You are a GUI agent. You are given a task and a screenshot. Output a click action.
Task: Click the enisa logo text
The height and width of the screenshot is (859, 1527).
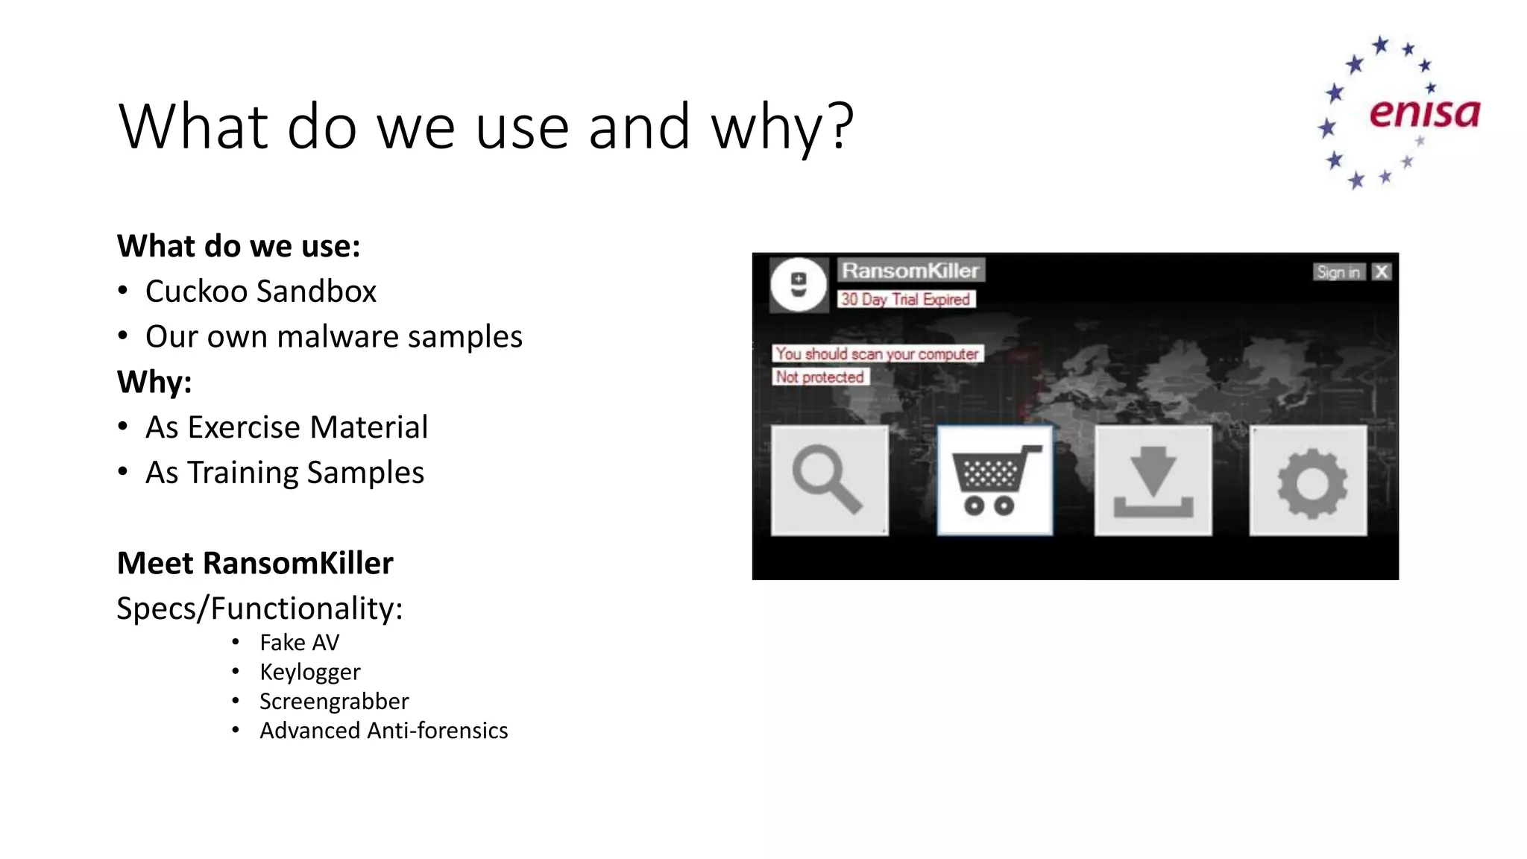1424,113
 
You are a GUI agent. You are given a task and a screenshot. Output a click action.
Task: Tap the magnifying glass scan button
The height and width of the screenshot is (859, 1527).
829,480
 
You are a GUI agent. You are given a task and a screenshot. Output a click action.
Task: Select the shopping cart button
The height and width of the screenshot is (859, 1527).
995,480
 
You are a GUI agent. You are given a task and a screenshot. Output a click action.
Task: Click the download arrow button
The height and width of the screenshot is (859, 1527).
1153,480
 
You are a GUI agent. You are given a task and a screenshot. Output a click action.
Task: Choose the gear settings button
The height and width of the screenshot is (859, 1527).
1309,480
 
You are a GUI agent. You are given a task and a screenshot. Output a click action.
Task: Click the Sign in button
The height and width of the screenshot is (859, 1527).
1338,272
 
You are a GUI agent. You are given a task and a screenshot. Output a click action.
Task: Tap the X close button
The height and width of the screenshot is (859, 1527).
1382,272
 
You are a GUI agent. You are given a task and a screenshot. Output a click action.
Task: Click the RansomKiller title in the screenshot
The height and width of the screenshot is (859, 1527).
910,271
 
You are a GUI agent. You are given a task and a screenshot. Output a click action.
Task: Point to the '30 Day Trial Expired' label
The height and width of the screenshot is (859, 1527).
906,299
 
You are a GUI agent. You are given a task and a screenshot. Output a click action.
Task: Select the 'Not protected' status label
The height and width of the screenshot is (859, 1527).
820,377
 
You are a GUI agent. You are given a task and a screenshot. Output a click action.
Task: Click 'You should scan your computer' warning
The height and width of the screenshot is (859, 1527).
878,353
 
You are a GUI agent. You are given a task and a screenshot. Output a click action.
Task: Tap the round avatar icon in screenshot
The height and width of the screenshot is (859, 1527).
799,285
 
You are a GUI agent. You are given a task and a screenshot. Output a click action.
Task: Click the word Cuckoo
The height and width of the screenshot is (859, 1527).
196,291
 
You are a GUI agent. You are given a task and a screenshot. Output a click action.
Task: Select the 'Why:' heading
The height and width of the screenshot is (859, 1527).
154,382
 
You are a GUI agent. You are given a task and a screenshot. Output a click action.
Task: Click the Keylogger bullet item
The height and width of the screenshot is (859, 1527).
309,672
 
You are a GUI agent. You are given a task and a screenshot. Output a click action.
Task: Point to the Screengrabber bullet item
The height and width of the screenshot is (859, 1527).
334,701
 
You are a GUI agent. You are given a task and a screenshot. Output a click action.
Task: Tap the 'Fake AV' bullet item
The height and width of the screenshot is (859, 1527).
299,642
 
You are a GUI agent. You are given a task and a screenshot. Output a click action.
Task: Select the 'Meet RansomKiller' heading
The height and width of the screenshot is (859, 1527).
255,563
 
